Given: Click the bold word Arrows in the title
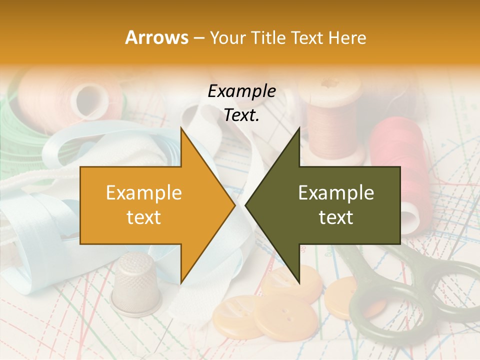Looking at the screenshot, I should pyautogui.click(x=156, y=37).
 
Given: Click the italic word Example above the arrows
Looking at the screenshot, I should pyautogui.click(x=241, y=91).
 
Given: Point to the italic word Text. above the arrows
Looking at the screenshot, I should pyautogui.click(x=241, y=115).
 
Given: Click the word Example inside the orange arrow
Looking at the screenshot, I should pyautogui.click(x=143, y=193).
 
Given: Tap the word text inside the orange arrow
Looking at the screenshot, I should pyautogui.click(x=143, y=217).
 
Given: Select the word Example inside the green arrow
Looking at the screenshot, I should pyautogui.click(x=336, y=193).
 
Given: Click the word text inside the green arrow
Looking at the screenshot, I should pyautogui.click(x=336, y=217).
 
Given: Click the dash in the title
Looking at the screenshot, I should pyautogui.click(x=198, y=37).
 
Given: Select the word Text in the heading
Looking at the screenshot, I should pyautogui.click(x=306, y=37).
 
